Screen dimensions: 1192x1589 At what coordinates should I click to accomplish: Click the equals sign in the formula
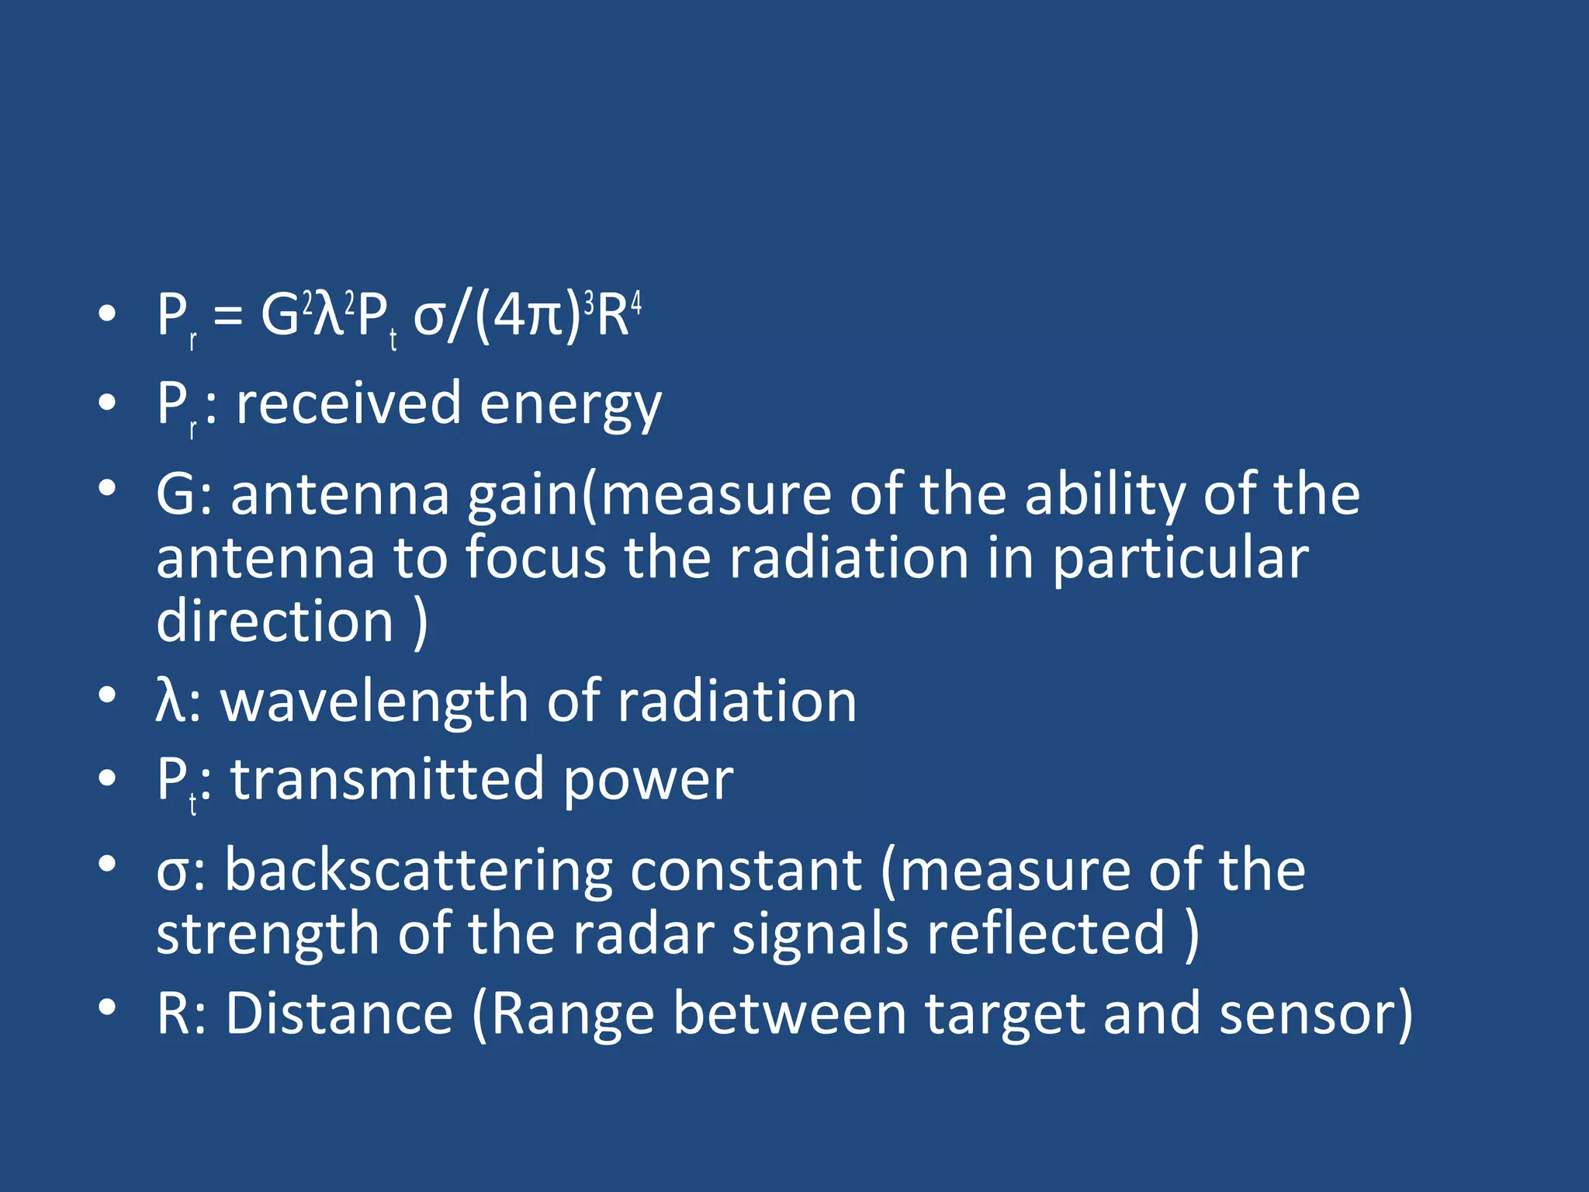pos(227,317)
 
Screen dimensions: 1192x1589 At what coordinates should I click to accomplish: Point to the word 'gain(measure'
pos(649,495)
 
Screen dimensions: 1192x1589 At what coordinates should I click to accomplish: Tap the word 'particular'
pos(1180,559)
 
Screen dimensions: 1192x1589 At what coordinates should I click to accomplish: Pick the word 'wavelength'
pos(375,702)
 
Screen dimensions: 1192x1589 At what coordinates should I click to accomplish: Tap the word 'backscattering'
pos(418,871)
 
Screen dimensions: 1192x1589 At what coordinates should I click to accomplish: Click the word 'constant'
pos(746,871)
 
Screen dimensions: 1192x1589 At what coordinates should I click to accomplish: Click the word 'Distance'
pos(340,1014)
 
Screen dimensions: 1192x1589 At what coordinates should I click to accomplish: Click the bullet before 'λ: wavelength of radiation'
pos(107,695)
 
